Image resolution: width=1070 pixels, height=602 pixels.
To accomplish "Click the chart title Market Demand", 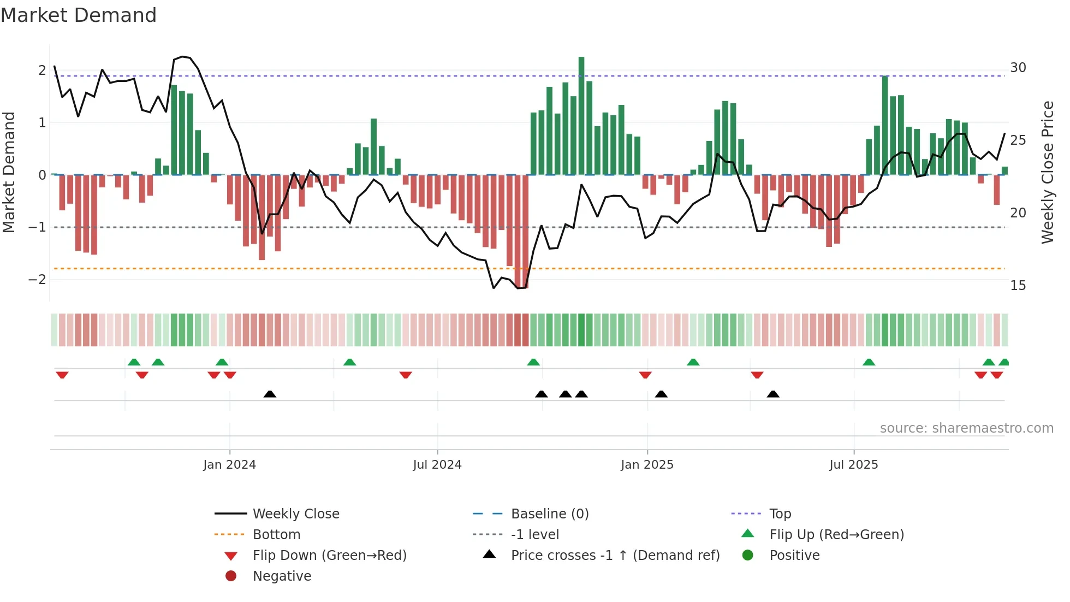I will point(79,15).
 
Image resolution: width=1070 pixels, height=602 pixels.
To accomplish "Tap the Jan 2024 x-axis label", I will point(229,465).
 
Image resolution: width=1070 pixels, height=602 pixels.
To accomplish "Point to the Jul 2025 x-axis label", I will point(853,465).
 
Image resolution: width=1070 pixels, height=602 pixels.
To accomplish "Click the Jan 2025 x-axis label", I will point(647,465).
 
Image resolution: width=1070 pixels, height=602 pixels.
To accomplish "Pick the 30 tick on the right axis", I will point(1018,68).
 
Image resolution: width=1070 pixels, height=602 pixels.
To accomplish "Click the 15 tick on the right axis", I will point(1018,286).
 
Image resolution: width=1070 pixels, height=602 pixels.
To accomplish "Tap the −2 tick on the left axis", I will point(38,280).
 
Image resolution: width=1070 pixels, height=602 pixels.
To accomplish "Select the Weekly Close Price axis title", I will point(1047,172).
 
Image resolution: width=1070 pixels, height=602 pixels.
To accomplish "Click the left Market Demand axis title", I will point(9,172).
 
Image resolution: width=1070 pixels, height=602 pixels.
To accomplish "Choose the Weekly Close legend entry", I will point(295,514).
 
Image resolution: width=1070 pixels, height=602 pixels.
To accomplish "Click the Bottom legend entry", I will point(276,535).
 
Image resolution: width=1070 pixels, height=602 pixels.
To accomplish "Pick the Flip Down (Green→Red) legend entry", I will point(329,556).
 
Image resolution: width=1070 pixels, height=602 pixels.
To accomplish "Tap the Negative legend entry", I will point(282,576).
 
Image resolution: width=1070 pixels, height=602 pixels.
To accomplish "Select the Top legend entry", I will point(780,514).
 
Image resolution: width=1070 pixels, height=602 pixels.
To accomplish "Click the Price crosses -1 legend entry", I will point(615,556).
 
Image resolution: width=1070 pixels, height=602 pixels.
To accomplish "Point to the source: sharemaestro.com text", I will point(966,428).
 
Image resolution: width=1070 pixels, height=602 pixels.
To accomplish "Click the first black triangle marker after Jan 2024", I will point(270,394).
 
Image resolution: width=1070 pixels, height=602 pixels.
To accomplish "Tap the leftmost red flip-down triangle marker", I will point(62,375).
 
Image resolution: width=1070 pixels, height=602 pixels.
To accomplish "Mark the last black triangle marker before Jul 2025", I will point(773,394).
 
